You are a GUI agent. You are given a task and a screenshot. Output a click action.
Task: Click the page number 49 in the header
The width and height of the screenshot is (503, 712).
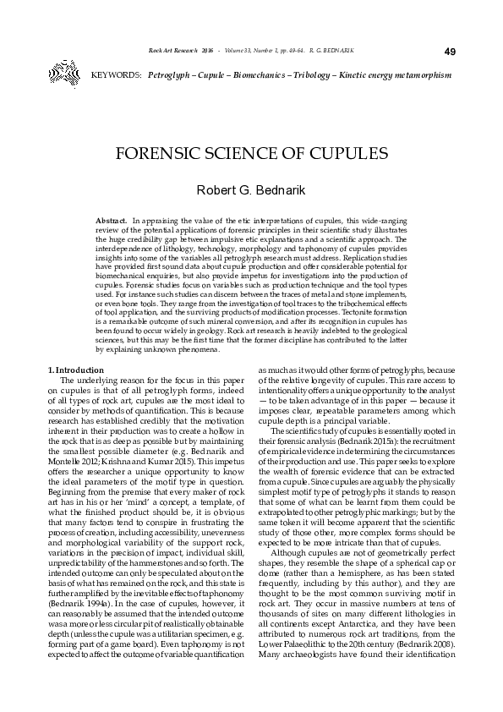click(449, 52)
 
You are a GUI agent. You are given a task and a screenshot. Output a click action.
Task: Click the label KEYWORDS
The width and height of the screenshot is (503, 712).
click(115, 76)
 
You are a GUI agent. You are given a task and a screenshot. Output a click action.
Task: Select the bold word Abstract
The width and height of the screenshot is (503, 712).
click(112, 219)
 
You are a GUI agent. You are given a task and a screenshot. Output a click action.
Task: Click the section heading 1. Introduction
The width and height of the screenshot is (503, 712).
click(76, 370)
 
